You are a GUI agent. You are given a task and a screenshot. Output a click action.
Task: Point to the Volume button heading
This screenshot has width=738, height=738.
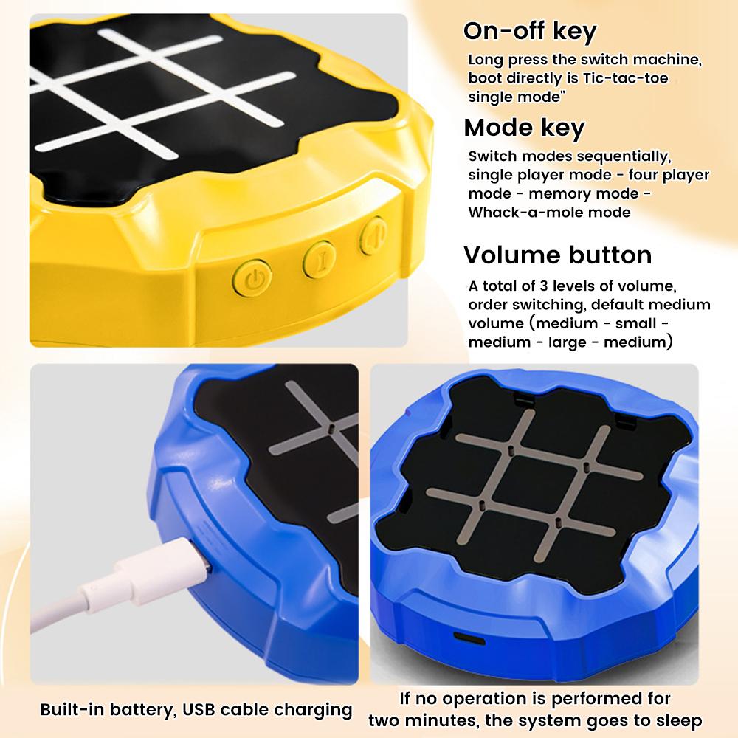coord(557,255)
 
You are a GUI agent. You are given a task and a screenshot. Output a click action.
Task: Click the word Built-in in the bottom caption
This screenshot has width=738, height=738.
coord(72,710)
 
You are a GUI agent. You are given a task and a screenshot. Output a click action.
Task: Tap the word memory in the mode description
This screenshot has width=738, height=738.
coord(539,193)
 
